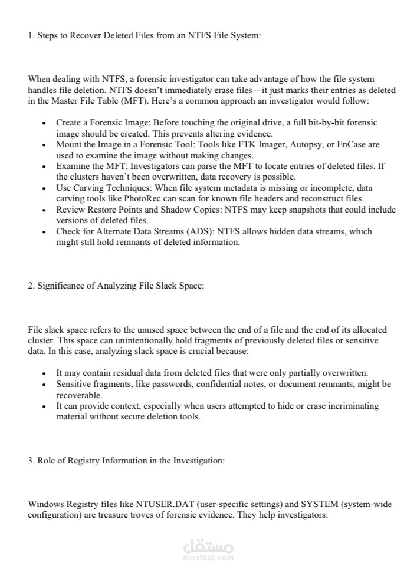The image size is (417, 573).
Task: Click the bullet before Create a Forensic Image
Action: point(45,123)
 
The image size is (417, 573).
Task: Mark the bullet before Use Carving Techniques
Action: point(45,188)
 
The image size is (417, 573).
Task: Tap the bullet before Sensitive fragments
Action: point(45,385)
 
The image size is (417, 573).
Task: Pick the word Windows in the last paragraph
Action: point(45,505)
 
